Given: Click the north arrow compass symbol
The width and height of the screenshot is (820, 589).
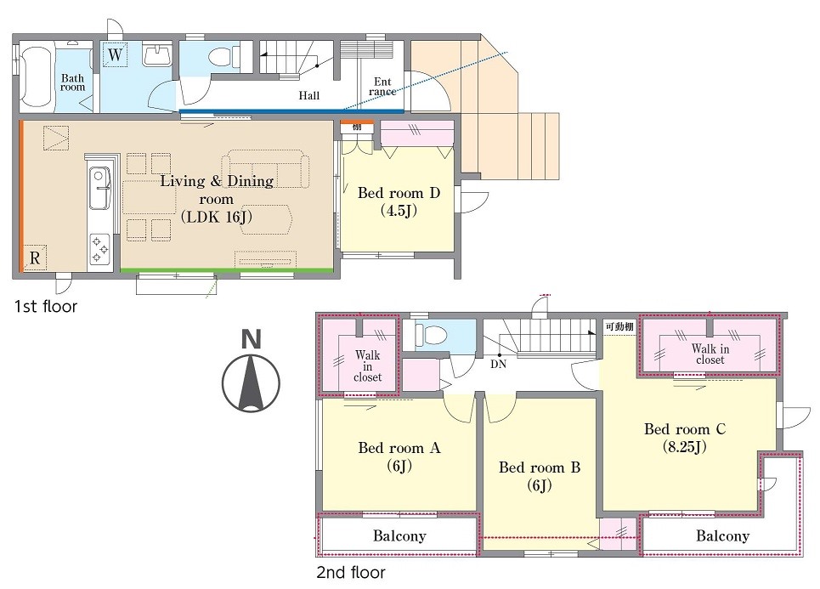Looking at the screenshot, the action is coord(251,383).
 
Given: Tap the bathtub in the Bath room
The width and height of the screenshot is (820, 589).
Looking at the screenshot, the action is coord(36,76).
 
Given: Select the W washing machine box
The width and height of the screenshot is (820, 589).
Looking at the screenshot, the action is coord(115,54).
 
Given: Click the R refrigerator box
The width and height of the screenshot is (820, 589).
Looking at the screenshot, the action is coord(35,258).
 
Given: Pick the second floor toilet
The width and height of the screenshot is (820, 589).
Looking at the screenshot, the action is coord(431,334).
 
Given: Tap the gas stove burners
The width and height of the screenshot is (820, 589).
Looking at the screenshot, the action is coord(100,249).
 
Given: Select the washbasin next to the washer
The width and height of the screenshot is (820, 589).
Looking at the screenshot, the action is coord(157,55).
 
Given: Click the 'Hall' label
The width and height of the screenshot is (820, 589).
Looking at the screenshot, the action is coord(309,96).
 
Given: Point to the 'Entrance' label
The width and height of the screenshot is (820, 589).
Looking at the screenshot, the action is coord(382,87).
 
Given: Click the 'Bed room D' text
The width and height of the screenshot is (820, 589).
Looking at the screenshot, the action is coord(399,193).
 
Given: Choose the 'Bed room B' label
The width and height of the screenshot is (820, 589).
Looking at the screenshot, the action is coord(540,467).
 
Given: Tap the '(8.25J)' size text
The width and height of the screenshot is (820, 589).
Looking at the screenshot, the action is coord(685,447).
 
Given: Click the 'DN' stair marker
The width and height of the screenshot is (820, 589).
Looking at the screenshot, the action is coord(499,364).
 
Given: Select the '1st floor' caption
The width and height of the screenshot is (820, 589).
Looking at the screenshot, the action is coord(46,306).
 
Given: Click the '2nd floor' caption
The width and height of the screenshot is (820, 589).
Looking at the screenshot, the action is coord(351,572).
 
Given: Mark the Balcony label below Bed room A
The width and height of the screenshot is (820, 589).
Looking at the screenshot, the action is coord(399,536).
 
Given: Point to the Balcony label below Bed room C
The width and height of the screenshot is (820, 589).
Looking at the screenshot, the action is coord(723,536).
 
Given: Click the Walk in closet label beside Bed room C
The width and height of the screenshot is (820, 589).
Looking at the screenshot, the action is coord(710,354).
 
